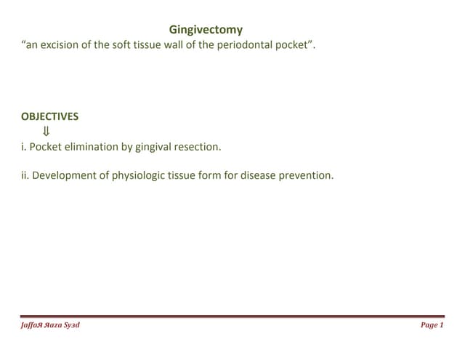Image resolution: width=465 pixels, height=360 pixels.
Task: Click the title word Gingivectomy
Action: (206, 30)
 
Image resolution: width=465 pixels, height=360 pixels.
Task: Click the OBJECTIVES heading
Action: (50, 116)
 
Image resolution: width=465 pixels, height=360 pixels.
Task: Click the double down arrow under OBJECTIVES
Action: (46, 132)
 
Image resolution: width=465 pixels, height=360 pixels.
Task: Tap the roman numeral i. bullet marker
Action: (24, 147)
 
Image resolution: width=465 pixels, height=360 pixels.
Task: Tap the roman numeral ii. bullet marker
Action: (25, 175)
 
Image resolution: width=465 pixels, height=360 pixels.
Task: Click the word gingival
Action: (153, 147)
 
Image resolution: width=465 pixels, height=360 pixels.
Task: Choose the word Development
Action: (65, 175)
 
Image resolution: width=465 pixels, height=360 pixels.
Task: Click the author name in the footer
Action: (51, 325)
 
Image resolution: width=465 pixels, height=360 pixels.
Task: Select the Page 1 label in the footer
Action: (432, 325)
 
